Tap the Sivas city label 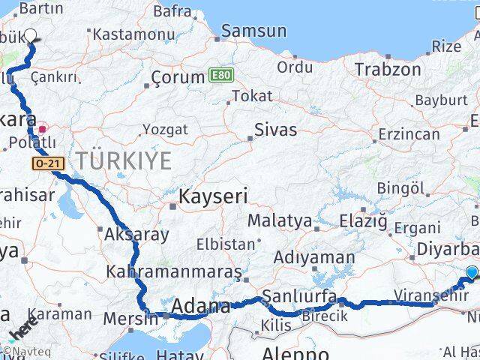[x=275, y=130]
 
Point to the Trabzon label [x=388, y=70]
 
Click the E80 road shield [x=220, y=76]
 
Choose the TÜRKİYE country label [x=122, y=160]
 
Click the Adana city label [x=201, y=307]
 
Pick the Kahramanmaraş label [x=174, y=271]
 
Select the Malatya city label [x=279, y=221]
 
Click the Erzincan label [x=409, y=134]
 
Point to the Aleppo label [x=295, y=352]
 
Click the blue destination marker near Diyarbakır [x=472, y=273]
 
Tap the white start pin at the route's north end [x=31, y=35]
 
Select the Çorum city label [x=178, y=77]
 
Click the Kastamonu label [x=124, y=34]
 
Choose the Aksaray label [x=136, y=234]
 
